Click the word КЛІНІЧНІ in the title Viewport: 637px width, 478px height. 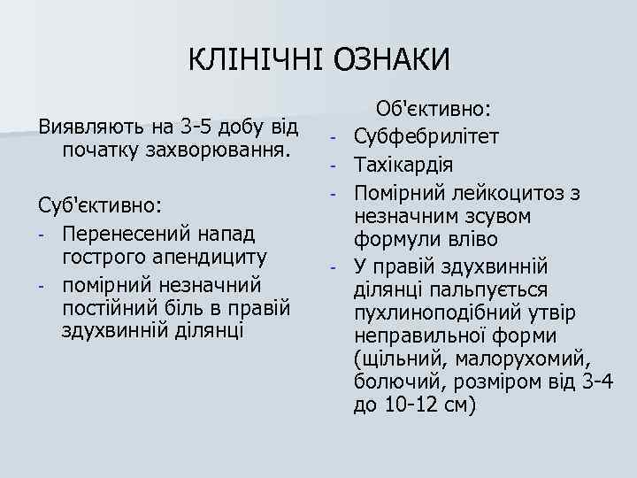coord(257,59)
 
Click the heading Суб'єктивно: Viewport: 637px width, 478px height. coord(99,205)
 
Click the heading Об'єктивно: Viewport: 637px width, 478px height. coord(434,109)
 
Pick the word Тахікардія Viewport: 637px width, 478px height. coord(404,165)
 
